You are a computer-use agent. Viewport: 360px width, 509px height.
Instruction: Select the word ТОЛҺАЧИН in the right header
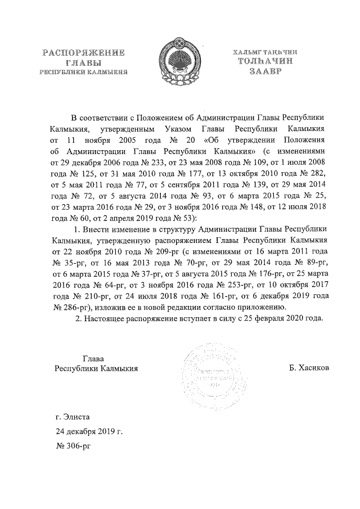pyautogui.click(x=264, y=62)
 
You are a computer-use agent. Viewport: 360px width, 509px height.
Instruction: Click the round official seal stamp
pyautogui.click(x=205, y=371)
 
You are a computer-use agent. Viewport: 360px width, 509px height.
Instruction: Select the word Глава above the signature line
pyautogui.click(x=93, y=358)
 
